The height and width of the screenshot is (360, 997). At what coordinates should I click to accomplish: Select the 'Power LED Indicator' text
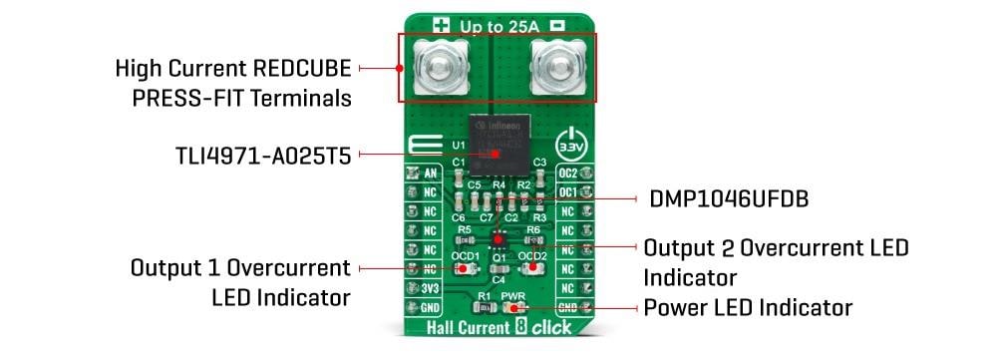[x=749, y=307]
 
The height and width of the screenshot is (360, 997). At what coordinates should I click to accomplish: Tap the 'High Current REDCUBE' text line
[x=232, y=70]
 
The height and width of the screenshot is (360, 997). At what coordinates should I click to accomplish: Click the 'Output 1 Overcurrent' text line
[x=240, y=268]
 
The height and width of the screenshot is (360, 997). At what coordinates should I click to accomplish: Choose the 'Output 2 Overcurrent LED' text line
[x=776, y=246]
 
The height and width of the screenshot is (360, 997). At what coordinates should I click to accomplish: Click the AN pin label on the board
[x=431, y=174]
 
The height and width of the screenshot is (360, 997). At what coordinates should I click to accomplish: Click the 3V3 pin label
[x=431, y=289]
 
